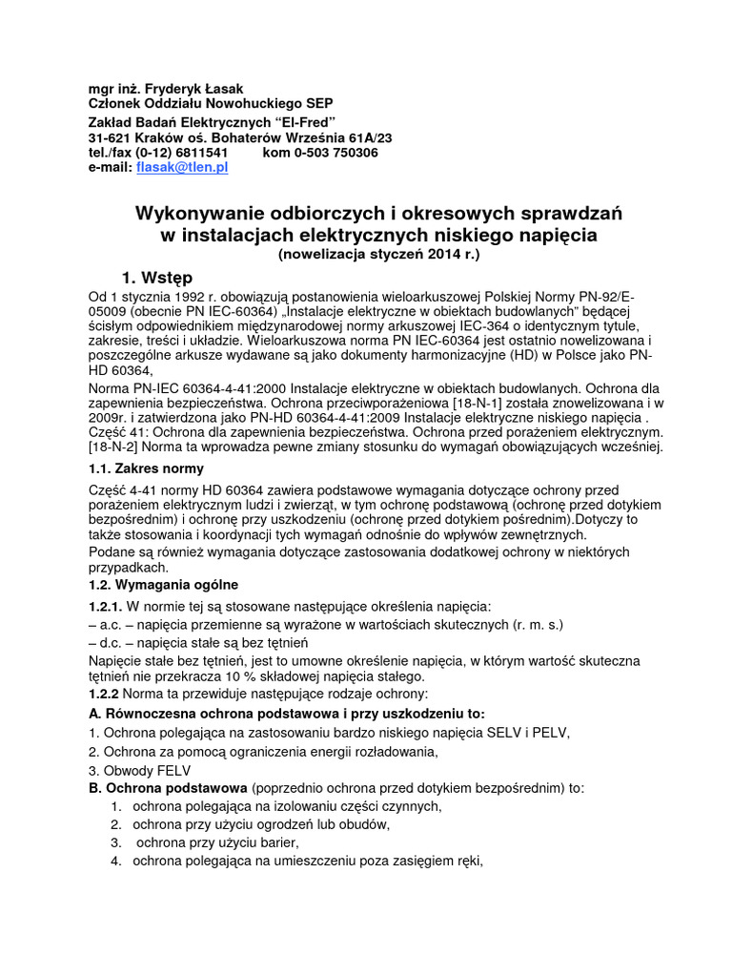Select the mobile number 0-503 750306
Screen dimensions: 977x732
pos(333,153)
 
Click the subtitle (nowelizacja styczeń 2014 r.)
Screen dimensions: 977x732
pos(379,255)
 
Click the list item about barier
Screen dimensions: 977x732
pos(215,842)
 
